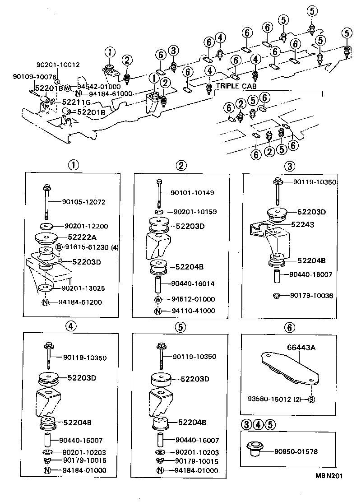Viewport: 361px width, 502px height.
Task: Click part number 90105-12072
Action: [x=84, y=202]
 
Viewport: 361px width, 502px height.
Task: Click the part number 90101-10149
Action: [x=192, y=193]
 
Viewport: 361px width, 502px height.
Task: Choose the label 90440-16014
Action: [x=193, y=284]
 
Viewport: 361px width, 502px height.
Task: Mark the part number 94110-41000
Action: [x=193, y=311]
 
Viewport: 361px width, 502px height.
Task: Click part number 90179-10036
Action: [x=311, y=296]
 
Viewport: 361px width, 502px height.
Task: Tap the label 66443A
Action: [x=301, y=348]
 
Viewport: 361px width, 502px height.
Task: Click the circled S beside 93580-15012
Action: [x=311, y=399]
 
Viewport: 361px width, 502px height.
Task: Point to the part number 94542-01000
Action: [x=99, y=86]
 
